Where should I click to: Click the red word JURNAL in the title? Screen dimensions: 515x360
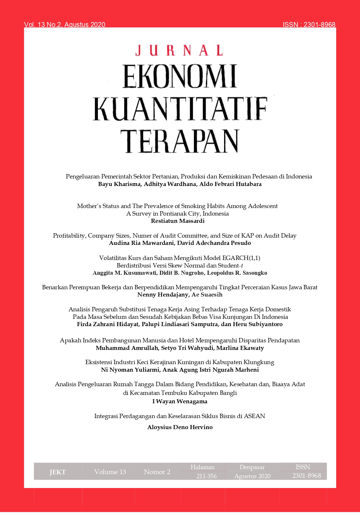(x=179, y=50)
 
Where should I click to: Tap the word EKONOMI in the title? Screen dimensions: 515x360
(x=180, y=76)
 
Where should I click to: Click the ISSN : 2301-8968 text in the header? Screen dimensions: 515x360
(x=309, y=25)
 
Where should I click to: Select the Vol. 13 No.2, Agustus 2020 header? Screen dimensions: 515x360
(x=65, y=25)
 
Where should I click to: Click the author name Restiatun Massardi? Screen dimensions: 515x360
(x=178, y=221)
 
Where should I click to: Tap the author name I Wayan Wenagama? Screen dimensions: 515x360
(x=180, y=402)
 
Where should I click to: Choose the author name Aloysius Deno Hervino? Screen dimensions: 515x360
(x=180, y=427)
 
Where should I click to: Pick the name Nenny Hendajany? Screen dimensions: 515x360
(x=163, y=295)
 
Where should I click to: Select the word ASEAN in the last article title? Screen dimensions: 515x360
(x=254, y=416)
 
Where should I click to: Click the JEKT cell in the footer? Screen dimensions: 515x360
(x=57, y=472)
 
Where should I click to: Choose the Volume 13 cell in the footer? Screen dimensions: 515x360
(x=110, y=472)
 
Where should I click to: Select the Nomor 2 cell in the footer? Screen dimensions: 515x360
(x=157, y=472)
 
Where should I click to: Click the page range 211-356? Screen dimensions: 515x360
(x=206, y=476)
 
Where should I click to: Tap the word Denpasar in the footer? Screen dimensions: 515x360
(x=252, y=467)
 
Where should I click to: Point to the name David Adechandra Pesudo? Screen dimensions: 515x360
(x=214, y=243)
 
